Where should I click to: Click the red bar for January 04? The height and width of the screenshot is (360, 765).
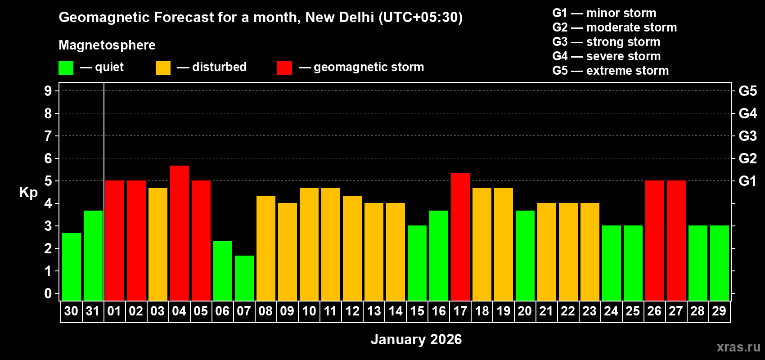pyautogui.click(x=179, y=233)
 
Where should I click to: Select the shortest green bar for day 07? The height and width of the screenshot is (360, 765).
pyautogui.click(x=244, y=278)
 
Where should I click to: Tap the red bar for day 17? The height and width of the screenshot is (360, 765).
pyautogui.click(x=460, y=237)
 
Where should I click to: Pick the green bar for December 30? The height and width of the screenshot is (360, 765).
pyautogui.click(x=71, y=267)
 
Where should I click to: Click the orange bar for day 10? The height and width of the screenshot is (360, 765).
pyautogui.click(x=309, y=244)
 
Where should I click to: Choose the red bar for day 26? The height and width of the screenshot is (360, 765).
pyautogui.click(x=654, y=240)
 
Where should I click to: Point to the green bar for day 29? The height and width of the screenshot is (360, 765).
pyautogui.click(x=719, y=263)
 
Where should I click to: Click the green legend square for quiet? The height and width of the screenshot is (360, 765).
pyautogui.click(x=66, y=68)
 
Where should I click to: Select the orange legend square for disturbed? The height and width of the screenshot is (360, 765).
pyautogui.click(x=163, y=68)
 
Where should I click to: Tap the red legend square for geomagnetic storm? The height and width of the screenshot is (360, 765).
pyautogui.click(x=284, y=68)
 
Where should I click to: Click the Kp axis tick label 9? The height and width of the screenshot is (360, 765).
pyautogui.click(x=48, y=91)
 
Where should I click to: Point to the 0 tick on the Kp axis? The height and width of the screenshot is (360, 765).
pyautogui.click(x=48, y=294)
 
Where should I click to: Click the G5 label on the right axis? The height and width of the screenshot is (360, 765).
pyautogui.click(x=747, y=91)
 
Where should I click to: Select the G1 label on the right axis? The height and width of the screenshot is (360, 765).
pyautogui.click(x=747, y=181)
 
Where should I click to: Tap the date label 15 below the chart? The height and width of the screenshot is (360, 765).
pyautogui.click(x=417, y=311)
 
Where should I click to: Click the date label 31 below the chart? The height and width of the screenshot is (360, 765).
pyautogui.click(x=93, y=311)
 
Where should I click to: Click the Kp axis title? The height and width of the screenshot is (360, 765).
pyautogui.click(x=28, y=192)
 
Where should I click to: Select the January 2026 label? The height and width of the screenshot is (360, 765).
pyautogui.click(x=416, y=339)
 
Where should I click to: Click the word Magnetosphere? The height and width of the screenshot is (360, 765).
pyautogui.click(x=107, y=45)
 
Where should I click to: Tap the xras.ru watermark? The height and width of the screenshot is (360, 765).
pyautogui.click(x=738, y=347)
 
